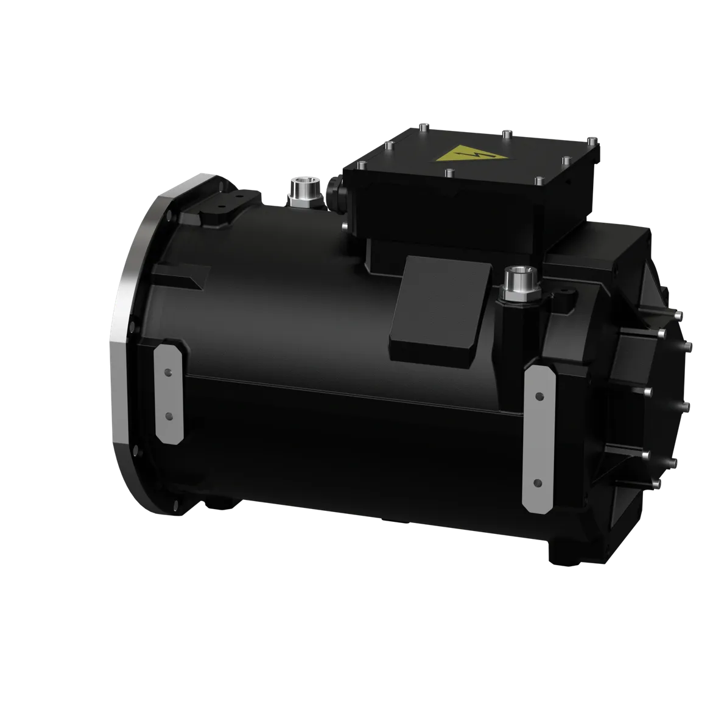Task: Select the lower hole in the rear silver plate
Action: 537,482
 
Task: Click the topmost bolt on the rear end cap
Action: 680,315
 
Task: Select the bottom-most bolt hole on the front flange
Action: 177,504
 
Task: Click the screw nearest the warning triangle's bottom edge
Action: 449,172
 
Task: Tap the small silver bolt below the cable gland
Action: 346,227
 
